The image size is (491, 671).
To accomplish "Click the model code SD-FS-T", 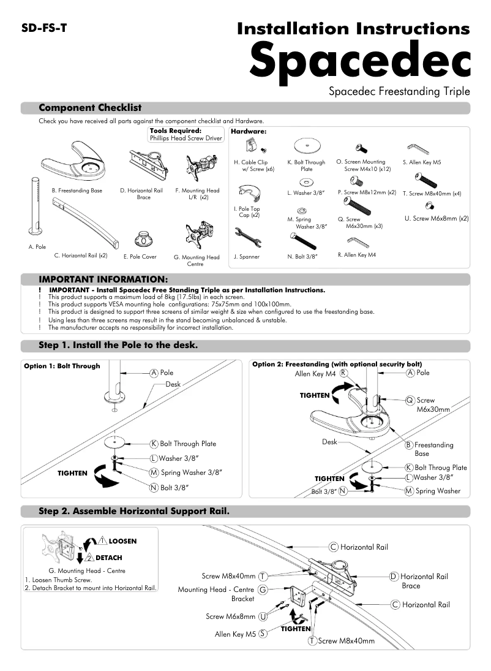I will tap(43, 29).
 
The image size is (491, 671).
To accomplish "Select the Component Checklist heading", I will tap(90, 108).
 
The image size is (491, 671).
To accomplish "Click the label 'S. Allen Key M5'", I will tap(422, 163).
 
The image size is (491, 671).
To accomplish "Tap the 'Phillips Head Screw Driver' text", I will tap(186, 138).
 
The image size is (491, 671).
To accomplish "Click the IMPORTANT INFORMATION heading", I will tap(103, 279).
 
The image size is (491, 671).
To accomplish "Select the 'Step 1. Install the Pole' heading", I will tap(118, 345).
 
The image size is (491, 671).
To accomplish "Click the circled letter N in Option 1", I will tap(154, 488).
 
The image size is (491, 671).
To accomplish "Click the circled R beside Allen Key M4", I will tap(344, 373).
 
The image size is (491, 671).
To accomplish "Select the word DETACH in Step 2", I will tap(108, 558).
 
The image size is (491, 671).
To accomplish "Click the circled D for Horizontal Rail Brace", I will tap(394, 576).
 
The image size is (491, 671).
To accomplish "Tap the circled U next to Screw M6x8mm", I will tap(263, 616).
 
